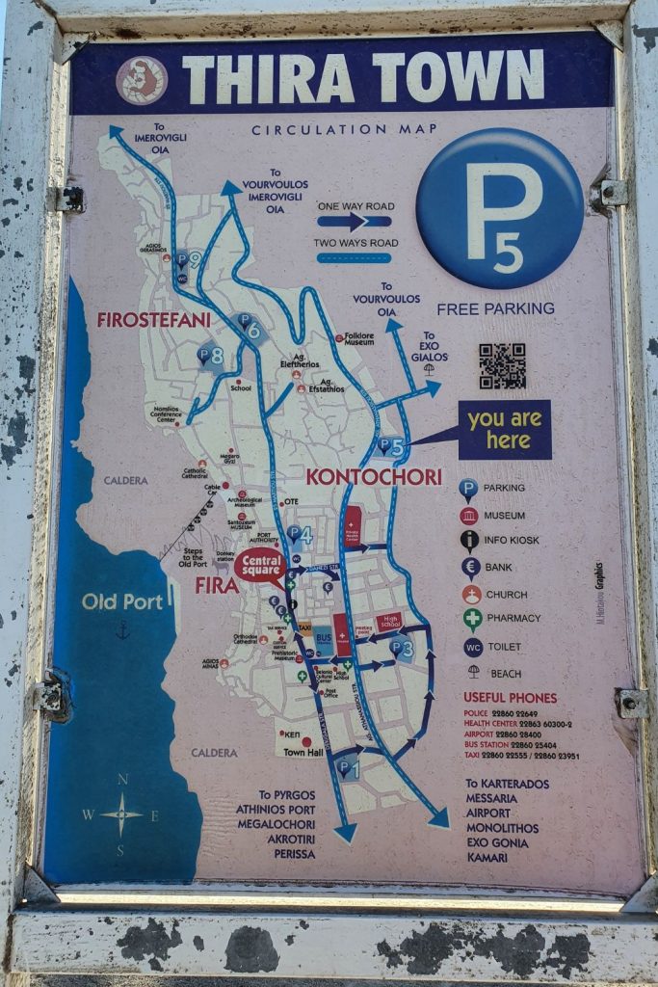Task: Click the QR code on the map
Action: pyautogui.click(x=502, y=365)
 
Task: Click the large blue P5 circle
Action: pyautogui.click(x=500, y=208)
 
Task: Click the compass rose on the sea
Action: pyautogui.click(x=121, y=814)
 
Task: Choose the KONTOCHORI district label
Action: pyautogui.click(x=374, y=476)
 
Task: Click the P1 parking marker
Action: pyautogui.click(x=347, y=767)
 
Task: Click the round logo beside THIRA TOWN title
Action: pyautogui.click(x=142, y=80)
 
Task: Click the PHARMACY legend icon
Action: pyautogui.click(x=471, y=619)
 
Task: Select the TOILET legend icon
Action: pyautogui.click(x=472, y=647)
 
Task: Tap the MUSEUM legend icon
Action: pyautogui.click(x=469, y=516)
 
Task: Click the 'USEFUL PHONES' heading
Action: pyautogui.click(x=510, y=698)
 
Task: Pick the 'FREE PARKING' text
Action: pyautogui.click(x=495, y=309)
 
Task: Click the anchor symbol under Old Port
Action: pyautogui.click(x=122, y=630)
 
